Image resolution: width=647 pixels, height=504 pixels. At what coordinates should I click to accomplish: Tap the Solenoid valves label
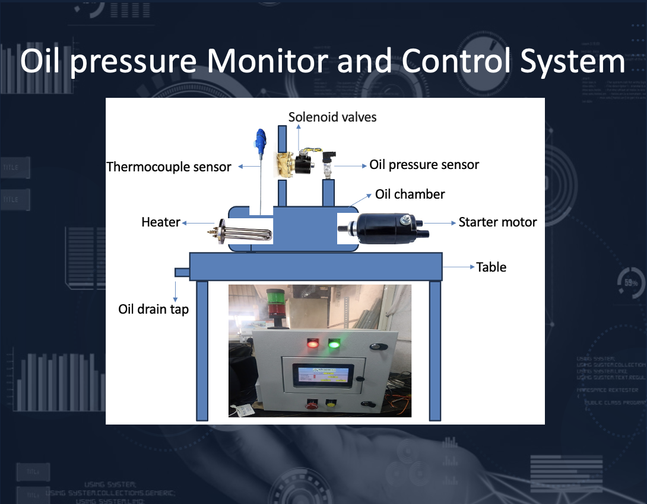click(x=332, y=117)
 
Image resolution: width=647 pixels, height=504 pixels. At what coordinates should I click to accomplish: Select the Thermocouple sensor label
click(x=169, y=167)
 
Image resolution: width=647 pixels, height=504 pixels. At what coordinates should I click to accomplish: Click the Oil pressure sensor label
click(x=424, y=164)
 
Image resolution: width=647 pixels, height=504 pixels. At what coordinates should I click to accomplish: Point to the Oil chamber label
click(x=410, y=194)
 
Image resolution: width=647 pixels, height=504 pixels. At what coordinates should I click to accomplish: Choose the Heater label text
click(x=160, y=222)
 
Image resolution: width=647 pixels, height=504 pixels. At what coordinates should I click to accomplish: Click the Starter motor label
click(x=497, y=222)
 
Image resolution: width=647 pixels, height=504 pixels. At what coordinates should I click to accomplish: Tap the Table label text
click(x=491, y=267)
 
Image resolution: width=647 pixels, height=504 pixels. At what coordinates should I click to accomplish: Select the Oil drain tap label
click(x=153, y=309)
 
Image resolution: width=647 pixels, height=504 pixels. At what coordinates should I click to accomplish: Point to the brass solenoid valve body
click(x=284, y=162)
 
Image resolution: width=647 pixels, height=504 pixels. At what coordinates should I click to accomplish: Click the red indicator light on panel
click(x=312, y=343)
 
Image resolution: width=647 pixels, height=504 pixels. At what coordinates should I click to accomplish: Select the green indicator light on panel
click(x=334, y=343)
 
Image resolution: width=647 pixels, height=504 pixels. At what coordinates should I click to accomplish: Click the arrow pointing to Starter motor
click(x=439, y=223)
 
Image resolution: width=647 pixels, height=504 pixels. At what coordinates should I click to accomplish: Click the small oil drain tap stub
click(x=182, y=272)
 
